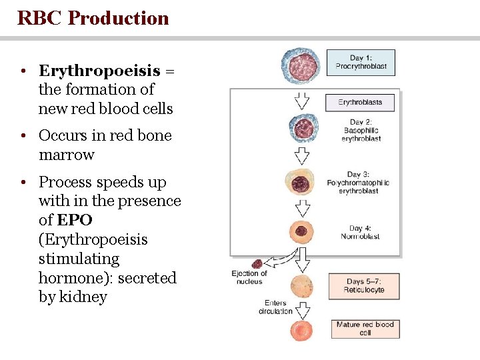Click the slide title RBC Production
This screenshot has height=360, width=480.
93,18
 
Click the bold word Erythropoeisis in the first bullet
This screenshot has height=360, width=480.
99,71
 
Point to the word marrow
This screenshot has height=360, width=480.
67,155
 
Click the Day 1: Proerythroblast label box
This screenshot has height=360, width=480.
361,62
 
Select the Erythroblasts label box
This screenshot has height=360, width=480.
360,103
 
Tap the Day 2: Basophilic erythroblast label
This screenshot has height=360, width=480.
361,131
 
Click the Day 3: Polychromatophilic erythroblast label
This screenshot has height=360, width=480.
358,183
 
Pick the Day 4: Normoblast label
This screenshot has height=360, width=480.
360,232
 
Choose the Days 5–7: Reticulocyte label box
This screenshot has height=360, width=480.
364,286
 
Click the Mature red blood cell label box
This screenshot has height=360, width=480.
365,329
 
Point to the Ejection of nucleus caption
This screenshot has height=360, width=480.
249,277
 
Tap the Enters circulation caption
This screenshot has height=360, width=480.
275,307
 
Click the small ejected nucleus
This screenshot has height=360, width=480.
257,264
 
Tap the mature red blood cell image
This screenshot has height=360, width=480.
301,330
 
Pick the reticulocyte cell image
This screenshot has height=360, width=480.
301,286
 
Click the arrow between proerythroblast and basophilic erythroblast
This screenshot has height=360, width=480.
301,100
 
